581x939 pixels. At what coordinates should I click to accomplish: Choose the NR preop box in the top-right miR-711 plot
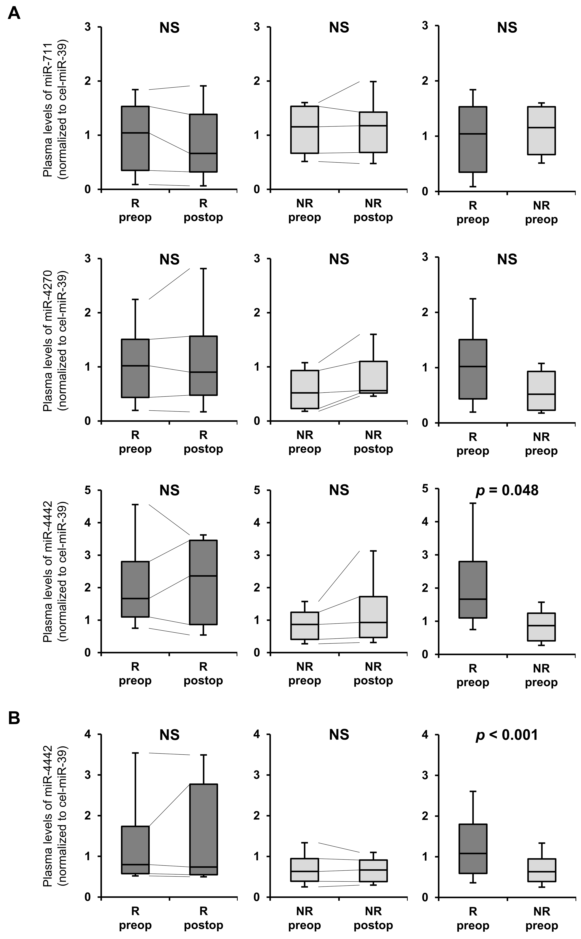[542, 131]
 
